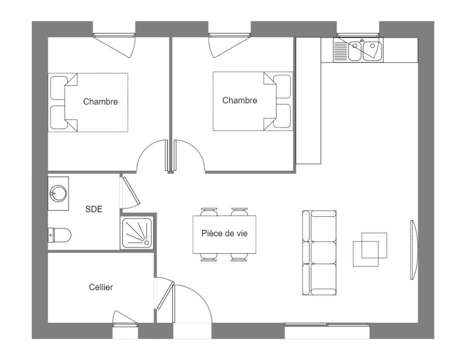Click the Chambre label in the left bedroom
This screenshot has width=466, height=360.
coord(100,102)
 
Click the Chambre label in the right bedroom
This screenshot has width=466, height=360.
coord(240,100)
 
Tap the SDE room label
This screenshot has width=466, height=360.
coord(94,209)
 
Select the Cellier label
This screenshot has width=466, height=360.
coord(101,287)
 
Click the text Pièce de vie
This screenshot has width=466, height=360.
coord(224,233)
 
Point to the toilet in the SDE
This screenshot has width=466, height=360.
coord(60,235)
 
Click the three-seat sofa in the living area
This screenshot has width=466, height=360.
coord(319,253)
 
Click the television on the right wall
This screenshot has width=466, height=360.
coord(413,250)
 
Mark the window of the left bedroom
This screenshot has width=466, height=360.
coord(114,35)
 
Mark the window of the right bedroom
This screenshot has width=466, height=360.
coord(230,35)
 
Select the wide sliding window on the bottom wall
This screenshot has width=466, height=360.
coord(327,325)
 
